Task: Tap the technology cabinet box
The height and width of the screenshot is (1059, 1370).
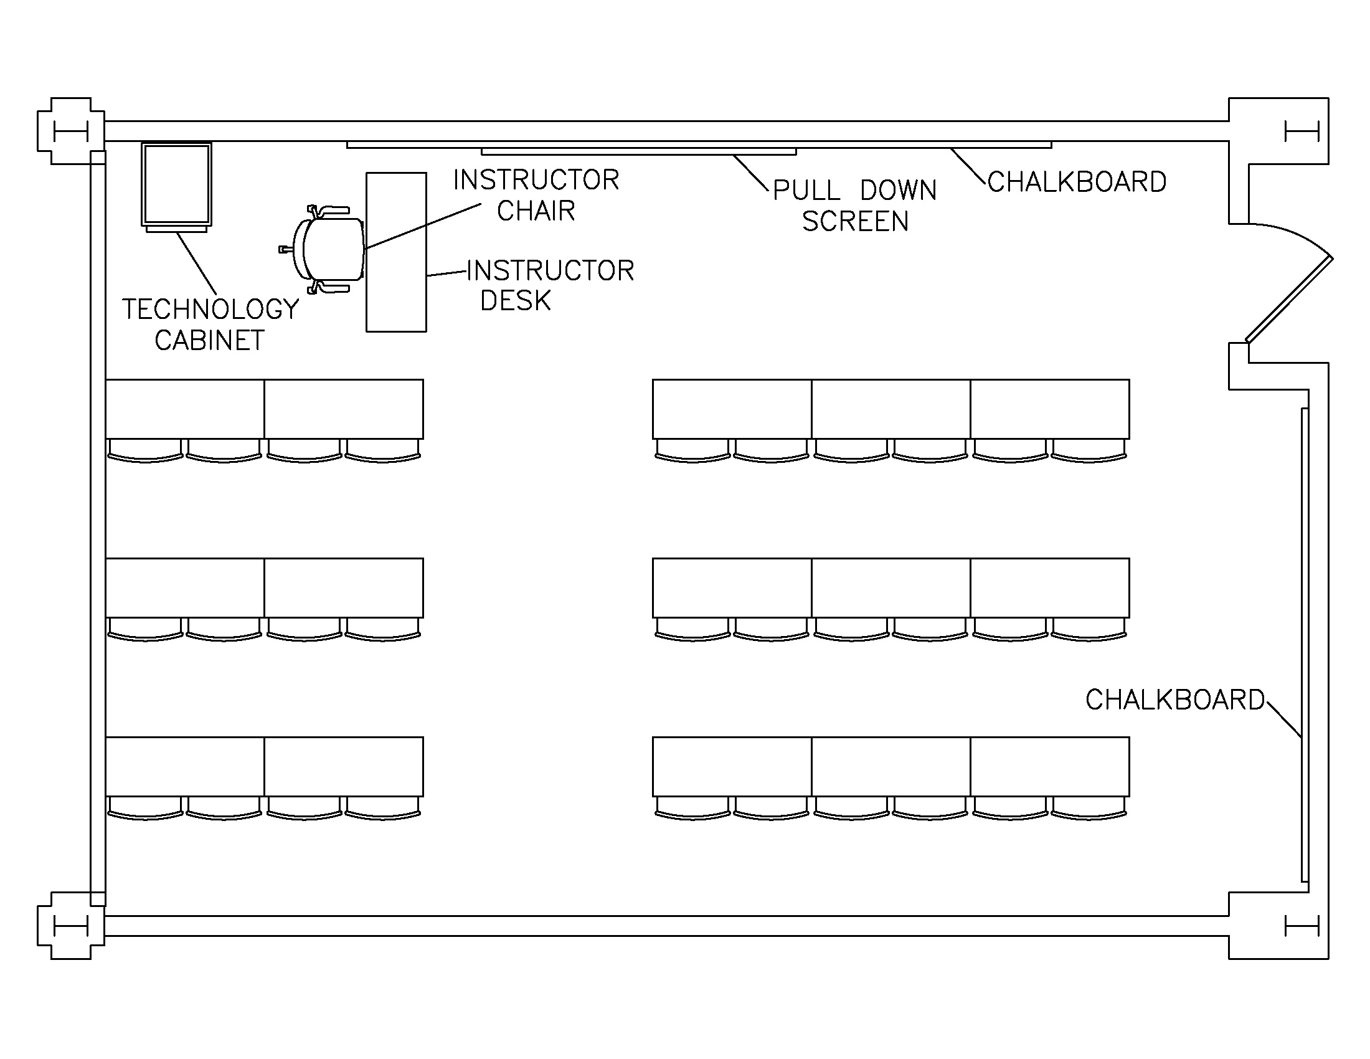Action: pyautogui.click(x=176, y=184)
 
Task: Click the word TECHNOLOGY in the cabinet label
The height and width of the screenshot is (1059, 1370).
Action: pyautogui.click(x=210, y=310)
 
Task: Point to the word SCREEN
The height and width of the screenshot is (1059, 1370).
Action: pyautogui.click(x=855, y=222)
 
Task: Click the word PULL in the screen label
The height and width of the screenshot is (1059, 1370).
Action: pyautogui.click(x=806, y=191)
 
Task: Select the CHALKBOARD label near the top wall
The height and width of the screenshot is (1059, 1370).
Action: pyautogui.click(x=1077, y=182)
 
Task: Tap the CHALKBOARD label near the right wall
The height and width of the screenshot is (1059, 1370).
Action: pyautogui.click(x=1174, y=700)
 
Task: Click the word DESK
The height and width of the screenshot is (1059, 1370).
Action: pyautogui.click(x=515, y=301)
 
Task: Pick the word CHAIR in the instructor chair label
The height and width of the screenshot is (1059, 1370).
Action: pyautogui.click(x=536, y=211)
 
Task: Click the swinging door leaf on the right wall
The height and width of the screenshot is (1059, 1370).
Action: pyautogui.click(x=1289, y=299)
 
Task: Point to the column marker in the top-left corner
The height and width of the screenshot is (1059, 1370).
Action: pyautogui.click(x=70, y=131)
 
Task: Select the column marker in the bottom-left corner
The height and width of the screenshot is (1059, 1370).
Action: pyautogui.click(x=70, y=926)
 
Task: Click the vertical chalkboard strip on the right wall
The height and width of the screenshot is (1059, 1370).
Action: pyautogui.click(x=1304, y=646)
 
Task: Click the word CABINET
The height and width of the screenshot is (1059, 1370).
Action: pyautogui.click(x=209, y=341)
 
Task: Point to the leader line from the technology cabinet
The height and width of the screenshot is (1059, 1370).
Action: pyautogui.click(x=197, y=264)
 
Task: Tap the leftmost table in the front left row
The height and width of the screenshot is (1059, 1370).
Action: pyautogui.click(x=185, y=409)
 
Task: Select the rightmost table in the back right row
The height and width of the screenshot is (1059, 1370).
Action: pyautogui.click(x=1050, y=767)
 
